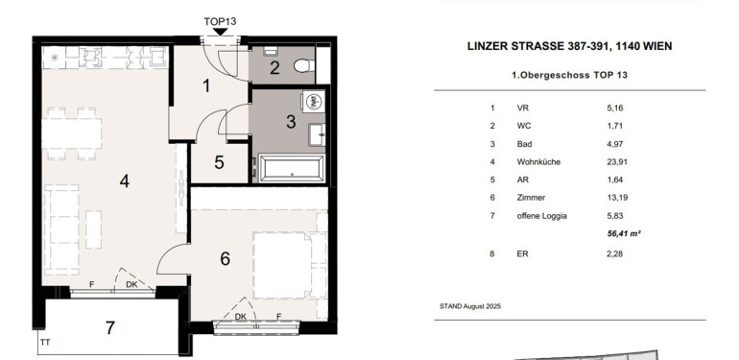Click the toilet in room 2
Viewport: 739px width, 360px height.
click(304, 65)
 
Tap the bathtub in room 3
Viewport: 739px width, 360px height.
click(292, 168)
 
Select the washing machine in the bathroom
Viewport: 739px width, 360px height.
click(314, 101)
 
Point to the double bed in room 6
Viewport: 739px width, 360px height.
click(290, 265)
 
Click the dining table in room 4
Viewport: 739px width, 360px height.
click(72, 133)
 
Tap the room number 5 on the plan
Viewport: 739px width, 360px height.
click(219, 162)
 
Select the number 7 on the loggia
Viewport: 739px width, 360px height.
click(109, 328)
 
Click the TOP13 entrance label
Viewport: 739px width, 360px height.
click(220, 22)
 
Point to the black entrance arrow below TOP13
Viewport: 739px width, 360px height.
click(220, 32)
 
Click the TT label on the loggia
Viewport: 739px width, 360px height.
click(45, 343)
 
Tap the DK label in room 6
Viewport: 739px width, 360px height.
click(240, 317)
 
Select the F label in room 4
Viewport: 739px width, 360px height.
click(92, 284)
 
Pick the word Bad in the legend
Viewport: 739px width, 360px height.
click(524, 144)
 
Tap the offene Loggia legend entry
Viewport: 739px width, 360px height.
click(541, 216)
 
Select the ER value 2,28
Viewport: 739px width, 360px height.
click(614, 253)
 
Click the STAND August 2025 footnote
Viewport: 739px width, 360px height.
click(470, 306)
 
